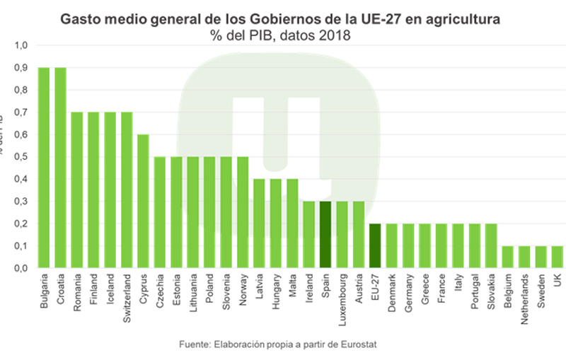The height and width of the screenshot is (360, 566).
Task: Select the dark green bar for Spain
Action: click(325, 235)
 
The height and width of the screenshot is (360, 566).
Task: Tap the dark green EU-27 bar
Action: click(375, 246)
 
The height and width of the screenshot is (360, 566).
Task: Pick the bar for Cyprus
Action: click(143, 202)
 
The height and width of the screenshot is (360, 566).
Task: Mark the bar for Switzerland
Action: click(127, 190)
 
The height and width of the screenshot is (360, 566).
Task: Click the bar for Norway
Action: click(243, 212)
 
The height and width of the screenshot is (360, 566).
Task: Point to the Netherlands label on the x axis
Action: click(525, 300)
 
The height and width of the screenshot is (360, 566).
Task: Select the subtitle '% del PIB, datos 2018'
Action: click(280, 36)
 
